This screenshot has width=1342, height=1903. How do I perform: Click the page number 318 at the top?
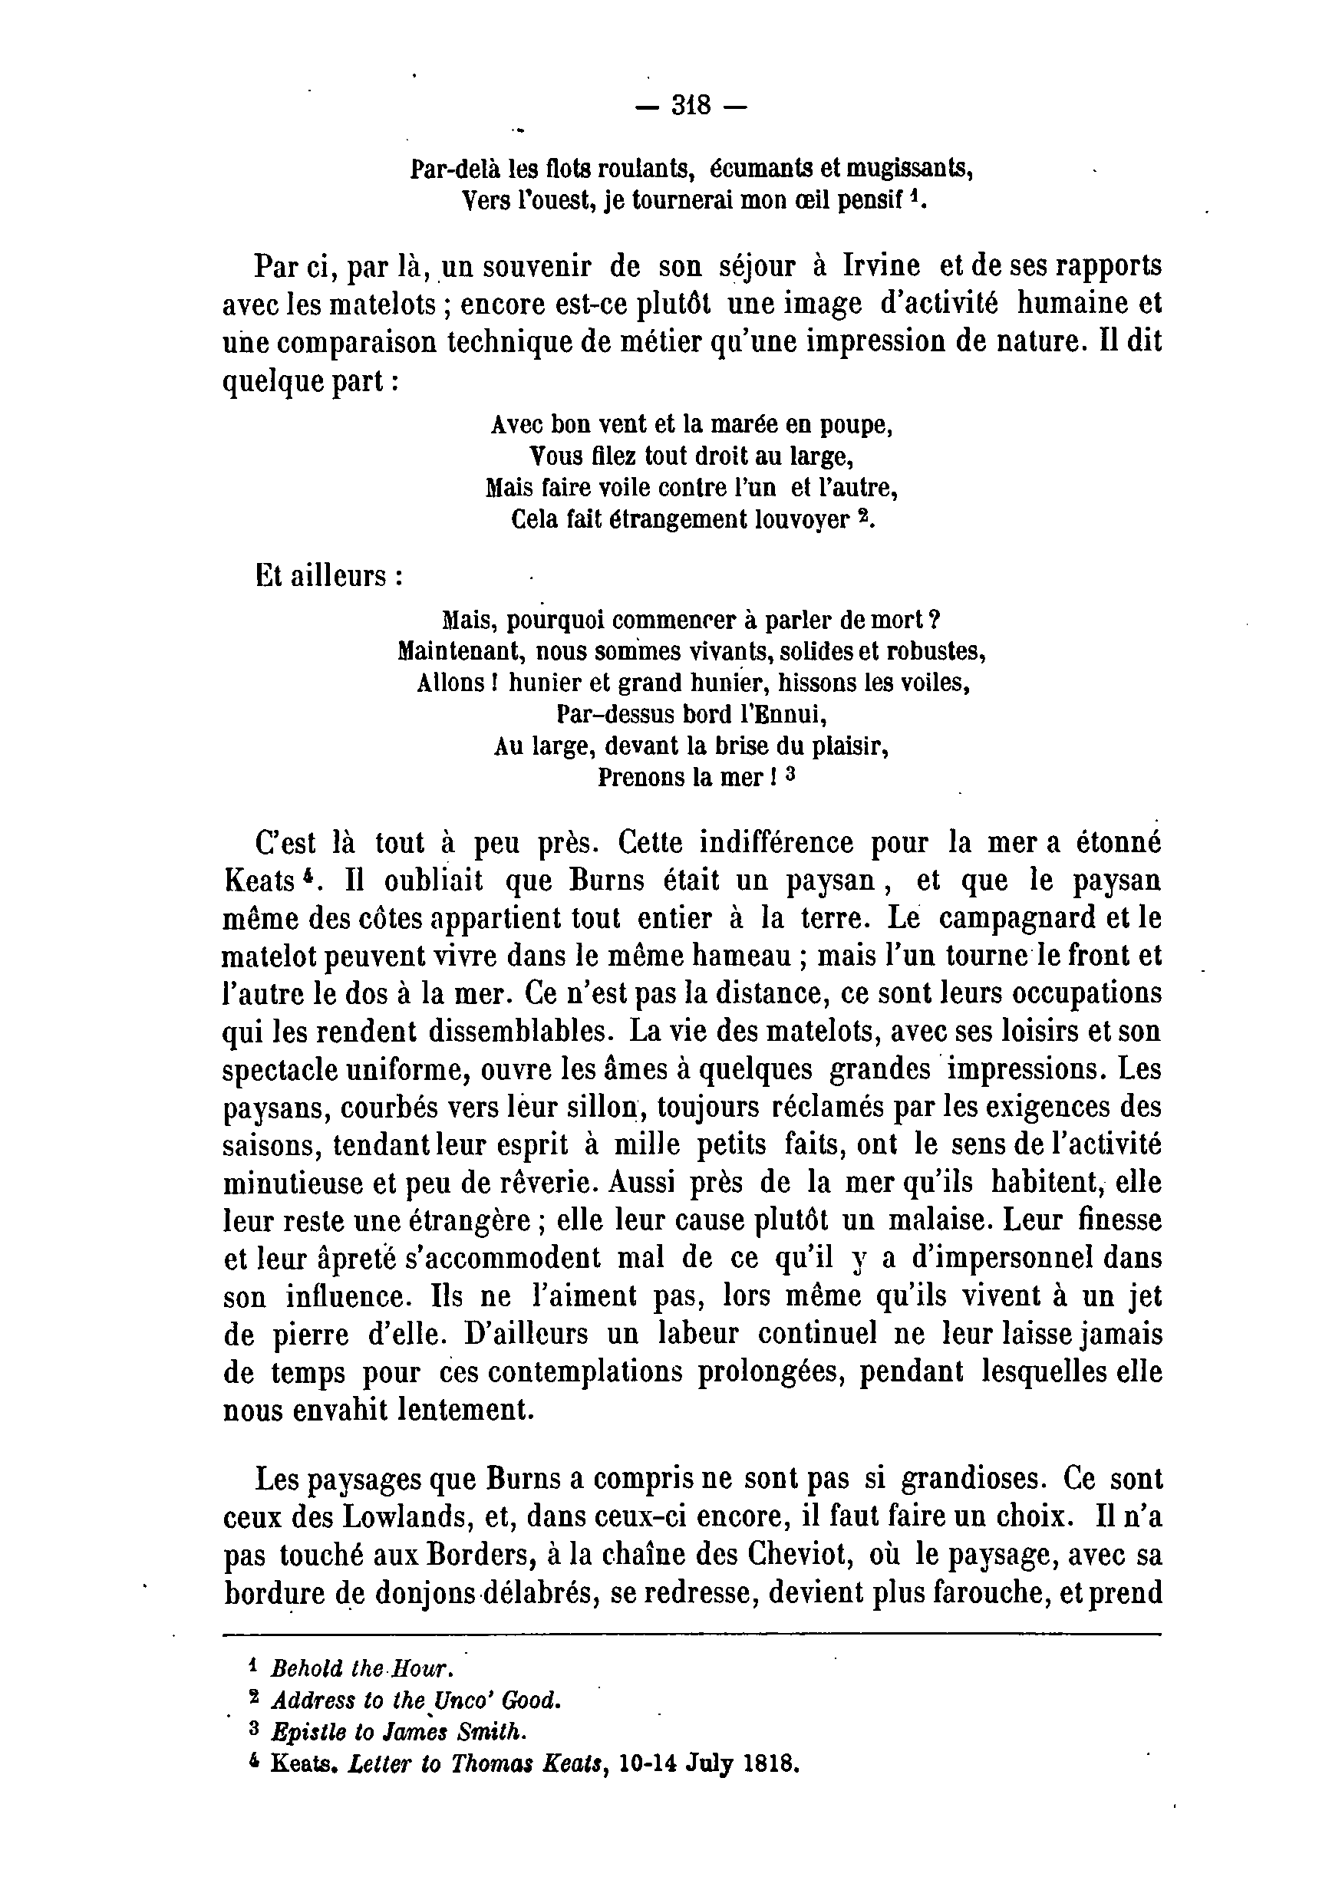(x=691, y=106)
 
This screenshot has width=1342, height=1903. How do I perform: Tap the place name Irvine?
(x=881, y=266)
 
